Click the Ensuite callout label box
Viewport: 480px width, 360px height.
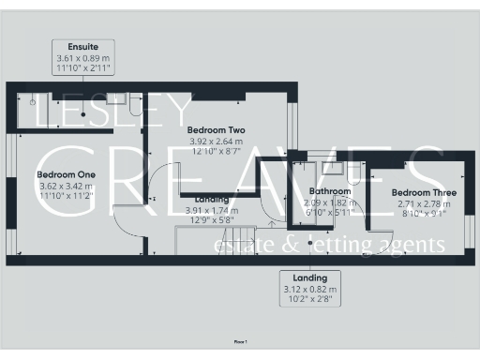point(83,58)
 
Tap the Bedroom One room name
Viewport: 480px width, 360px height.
point(67,174)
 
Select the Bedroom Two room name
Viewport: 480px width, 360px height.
point(216,129)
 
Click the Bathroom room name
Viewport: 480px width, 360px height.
point(329,191)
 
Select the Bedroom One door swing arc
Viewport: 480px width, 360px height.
point(124,225)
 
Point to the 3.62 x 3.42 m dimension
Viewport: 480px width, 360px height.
point(67,186)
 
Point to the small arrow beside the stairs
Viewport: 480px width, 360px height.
point(269,223)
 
